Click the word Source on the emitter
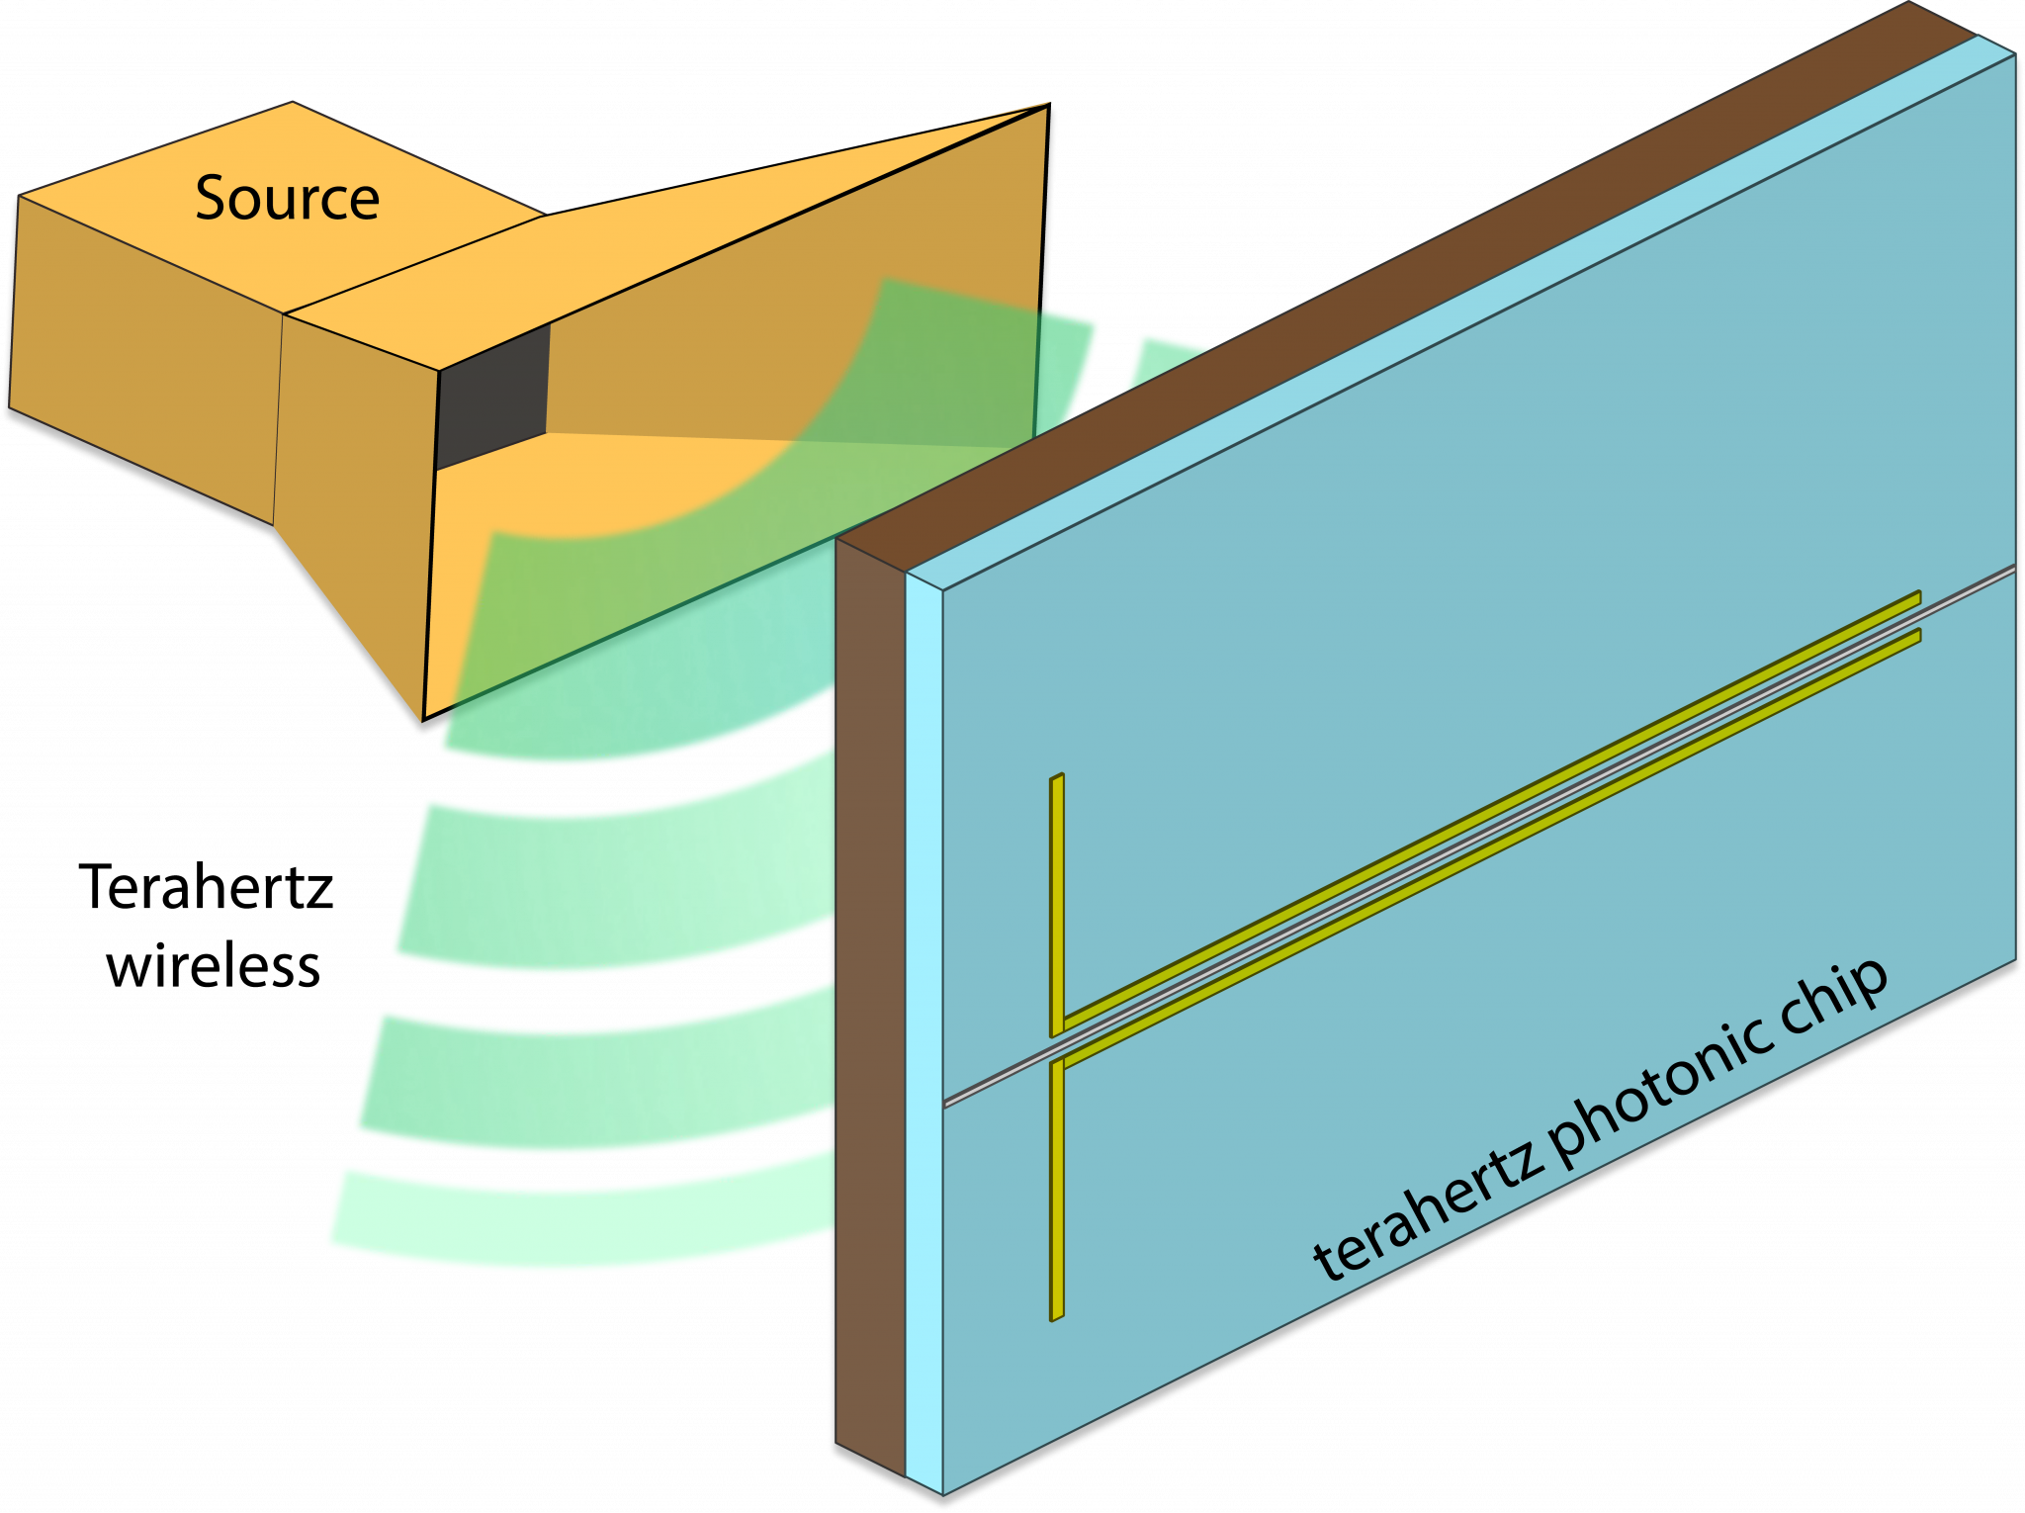click(287, 199)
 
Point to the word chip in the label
click(1834, 1004)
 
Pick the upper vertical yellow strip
click(1057, 900)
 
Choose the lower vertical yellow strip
click(1057, 1187)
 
